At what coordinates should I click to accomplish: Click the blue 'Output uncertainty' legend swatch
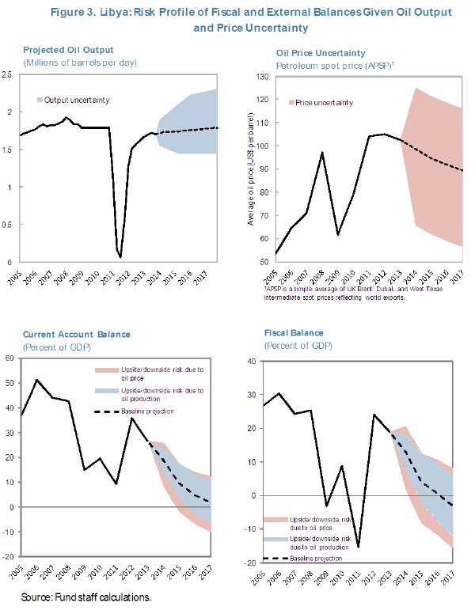(40, 100)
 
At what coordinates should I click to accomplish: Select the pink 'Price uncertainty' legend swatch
(292, 103)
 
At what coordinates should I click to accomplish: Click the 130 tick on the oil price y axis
(260, 77)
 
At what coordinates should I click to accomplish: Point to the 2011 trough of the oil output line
(120, 256)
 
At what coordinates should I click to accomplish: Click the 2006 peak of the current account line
(36, 380)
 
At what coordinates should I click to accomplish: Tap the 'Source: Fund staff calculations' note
(85, 596)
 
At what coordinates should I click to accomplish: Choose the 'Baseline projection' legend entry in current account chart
(147, 411)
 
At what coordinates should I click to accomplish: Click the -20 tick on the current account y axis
(11, 557)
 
